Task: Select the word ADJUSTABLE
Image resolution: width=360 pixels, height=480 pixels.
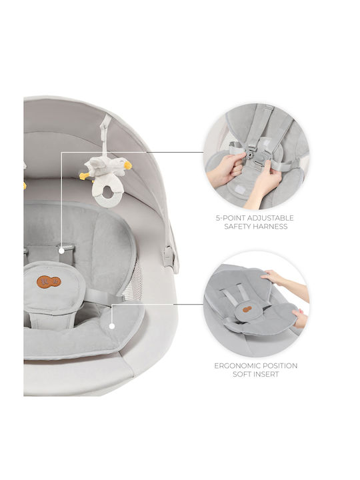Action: coord(270,218)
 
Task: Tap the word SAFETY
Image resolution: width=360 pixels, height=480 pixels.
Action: coord(239,227)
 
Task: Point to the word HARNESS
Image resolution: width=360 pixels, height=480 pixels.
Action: coord(271,227)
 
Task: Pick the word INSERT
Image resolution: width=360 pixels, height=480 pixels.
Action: coord(267,374)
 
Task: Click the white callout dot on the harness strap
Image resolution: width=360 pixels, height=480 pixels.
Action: coord(61,251)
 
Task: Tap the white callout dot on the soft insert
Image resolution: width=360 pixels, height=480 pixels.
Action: coord(112,326)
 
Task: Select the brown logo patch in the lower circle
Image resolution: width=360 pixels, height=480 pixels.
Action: coord(247,309)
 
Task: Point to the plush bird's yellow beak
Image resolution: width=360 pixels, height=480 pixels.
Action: coord(128,165)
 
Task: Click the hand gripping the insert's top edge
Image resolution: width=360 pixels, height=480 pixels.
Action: coord(275,278)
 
